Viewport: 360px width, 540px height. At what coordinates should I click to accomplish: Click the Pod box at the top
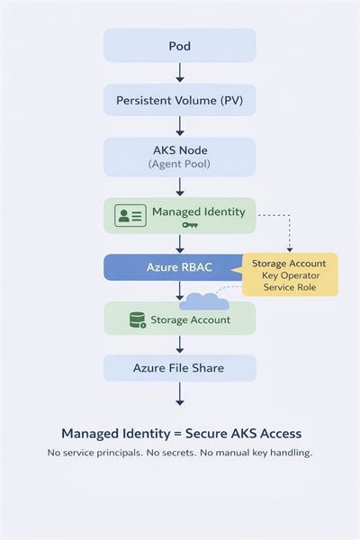pyautogui.click(x=180, y=45)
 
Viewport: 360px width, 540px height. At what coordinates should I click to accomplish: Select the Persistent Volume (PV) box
pyautogui.click(x=180, y=100)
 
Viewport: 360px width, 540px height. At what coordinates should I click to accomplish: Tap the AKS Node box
pyautogui.click(x=180, y=156)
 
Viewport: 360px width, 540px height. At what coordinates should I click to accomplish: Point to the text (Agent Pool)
pyautogui.click(x=180, y=165)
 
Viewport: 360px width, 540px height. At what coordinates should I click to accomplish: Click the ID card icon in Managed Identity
pyautogui.click(x=130, y=215)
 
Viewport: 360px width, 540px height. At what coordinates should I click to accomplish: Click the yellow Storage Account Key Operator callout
pyautogui.click(x=291, y=274)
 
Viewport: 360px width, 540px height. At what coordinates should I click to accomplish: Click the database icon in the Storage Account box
pyautogui.click(x=138, y=319)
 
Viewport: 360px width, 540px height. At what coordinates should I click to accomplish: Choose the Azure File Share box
pyautogui.click(x=180, y=367)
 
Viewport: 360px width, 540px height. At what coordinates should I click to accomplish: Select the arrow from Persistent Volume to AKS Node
pyautogui.click(x=180, y=127)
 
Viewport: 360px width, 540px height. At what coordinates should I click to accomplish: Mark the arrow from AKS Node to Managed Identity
pyautogui.click(x=180, y=186)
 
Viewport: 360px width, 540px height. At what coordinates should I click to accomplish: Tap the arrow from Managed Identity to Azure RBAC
pyautogui.click(x=180, y=243)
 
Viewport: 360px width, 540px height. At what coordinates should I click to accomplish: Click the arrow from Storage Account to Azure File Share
pyautogui.click(x=180, y=345)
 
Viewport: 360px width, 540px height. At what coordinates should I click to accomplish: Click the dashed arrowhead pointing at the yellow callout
pyautogui.click(x=290, y=248)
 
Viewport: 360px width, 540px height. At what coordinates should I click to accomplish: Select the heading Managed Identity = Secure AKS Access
pyautogui.click(x=180, y=433)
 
